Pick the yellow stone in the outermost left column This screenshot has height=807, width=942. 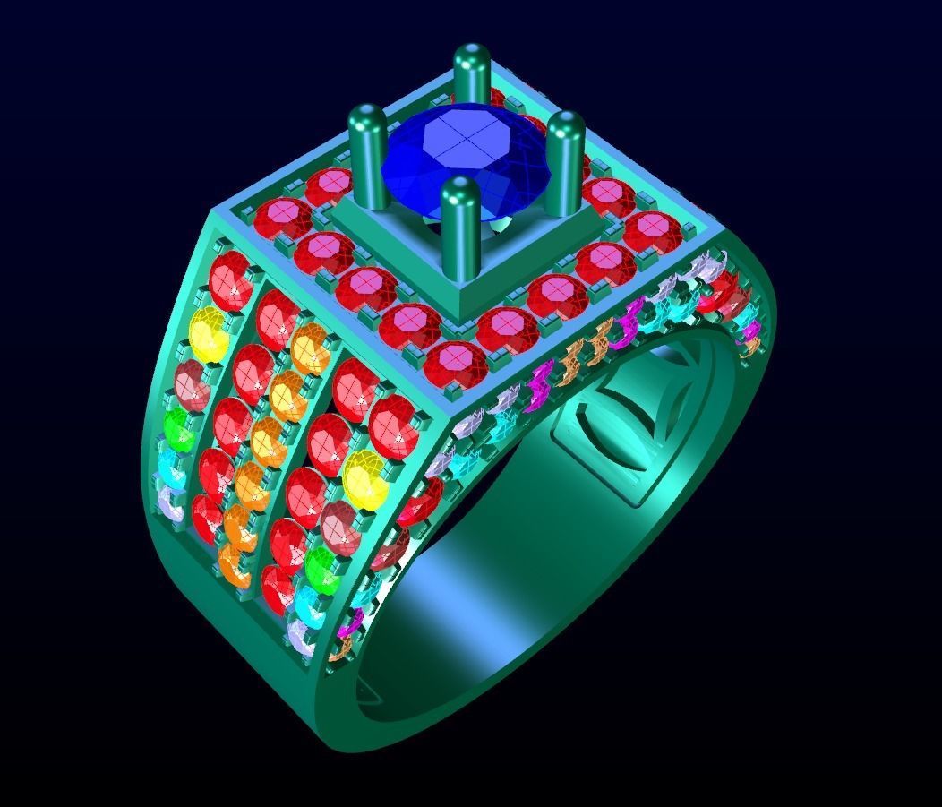209,334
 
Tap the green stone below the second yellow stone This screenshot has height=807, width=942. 322,564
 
